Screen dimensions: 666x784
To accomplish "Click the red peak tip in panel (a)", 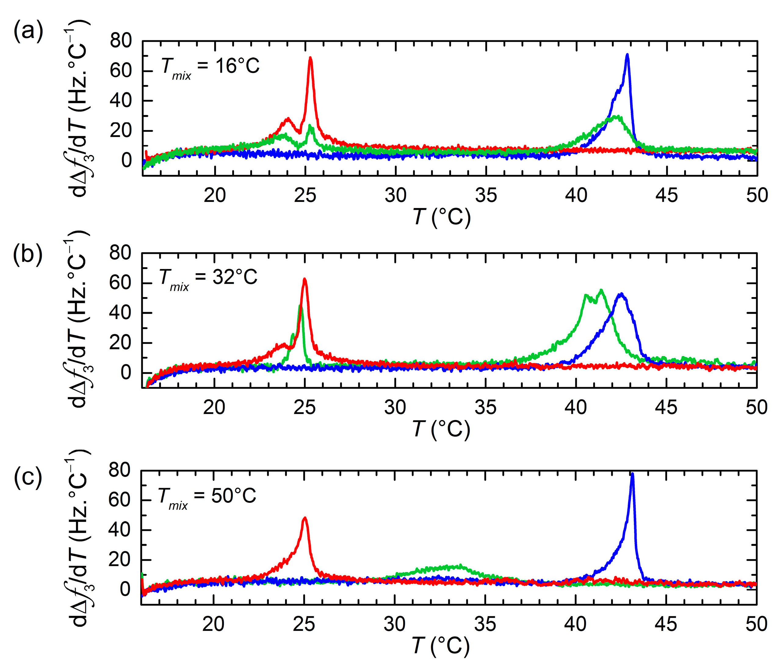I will coord(310,58).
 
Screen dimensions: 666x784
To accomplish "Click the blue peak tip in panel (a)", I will coord(627,55).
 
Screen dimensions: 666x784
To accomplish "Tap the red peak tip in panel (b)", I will coord(304,279).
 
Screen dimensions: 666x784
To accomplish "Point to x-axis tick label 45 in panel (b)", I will coord(666,407).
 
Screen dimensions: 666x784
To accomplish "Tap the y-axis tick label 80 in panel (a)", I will coord(121,41).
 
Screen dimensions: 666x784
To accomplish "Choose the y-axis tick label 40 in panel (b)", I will coord(120,313).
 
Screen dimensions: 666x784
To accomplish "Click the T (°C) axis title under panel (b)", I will coord(441,429).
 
